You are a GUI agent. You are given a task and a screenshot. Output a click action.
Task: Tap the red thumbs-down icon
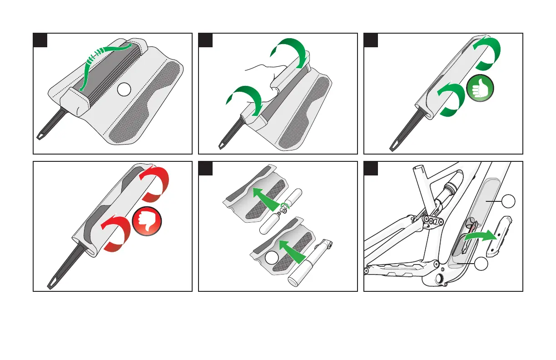pos(146,222)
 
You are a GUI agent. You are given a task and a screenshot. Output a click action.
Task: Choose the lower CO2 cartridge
pos(271,222)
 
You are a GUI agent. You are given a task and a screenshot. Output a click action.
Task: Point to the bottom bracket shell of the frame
pos(440,277)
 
